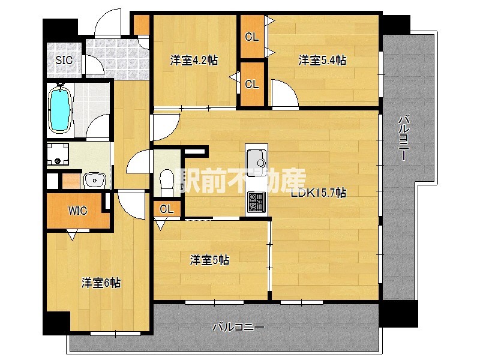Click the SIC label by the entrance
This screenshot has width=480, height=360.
64,60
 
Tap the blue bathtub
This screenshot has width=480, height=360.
59,110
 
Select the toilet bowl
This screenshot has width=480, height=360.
167,183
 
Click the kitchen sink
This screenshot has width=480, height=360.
256,158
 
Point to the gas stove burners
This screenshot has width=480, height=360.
256,202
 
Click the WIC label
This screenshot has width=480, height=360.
77,211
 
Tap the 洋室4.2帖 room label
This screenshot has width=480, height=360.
194,60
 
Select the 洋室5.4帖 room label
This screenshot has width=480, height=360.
322,60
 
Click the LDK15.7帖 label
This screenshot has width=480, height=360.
319,193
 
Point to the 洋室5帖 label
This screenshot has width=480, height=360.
209,260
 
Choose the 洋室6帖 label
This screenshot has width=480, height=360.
101,283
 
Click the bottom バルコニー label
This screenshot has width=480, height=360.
238,327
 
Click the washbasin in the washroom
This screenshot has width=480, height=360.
94,180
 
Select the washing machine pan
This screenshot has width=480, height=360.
58,155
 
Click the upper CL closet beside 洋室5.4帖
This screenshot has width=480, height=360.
252,37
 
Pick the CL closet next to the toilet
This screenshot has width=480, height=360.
167,209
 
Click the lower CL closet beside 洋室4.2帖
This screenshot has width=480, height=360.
252,84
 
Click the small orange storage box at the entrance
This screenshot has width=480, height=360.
142,25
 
